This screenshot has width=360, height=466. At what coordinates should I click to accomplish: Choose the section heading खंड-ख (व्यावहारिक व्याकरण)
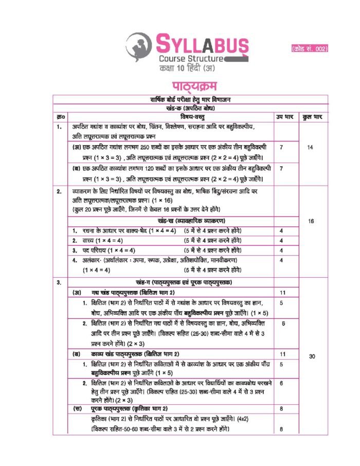coord(171,222)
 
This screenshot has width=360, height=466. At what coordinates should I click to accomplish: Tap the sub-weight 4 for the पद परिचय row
coord(281,250)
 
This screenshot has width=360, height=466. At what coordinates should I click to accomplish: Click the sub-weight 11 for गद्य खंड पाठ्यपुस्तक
coord(282,293)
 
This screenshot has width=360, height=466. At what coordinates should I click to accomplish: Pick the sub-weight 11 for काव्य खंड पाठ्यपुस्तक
coord(282,354)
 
